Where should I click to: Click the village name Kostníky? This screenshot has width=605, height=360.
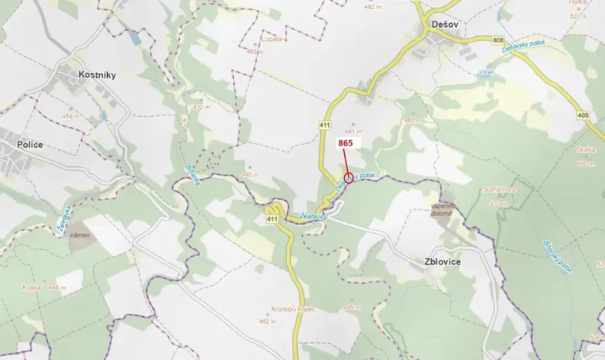[x=96, y=75]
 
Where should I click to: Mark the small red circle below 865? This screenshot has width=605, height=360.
[x=348, y=178]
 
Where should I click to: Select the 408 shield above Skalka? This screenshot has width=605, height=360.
[x=582, y=115]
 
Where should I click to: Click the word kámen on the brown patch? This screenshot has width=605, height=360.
[x=79, y=234]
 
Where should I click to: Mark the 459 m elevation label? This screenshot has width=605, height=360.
[x=71, y=116]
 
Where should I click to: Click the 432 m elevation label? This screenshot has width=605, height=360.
[x=202, y=107]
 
